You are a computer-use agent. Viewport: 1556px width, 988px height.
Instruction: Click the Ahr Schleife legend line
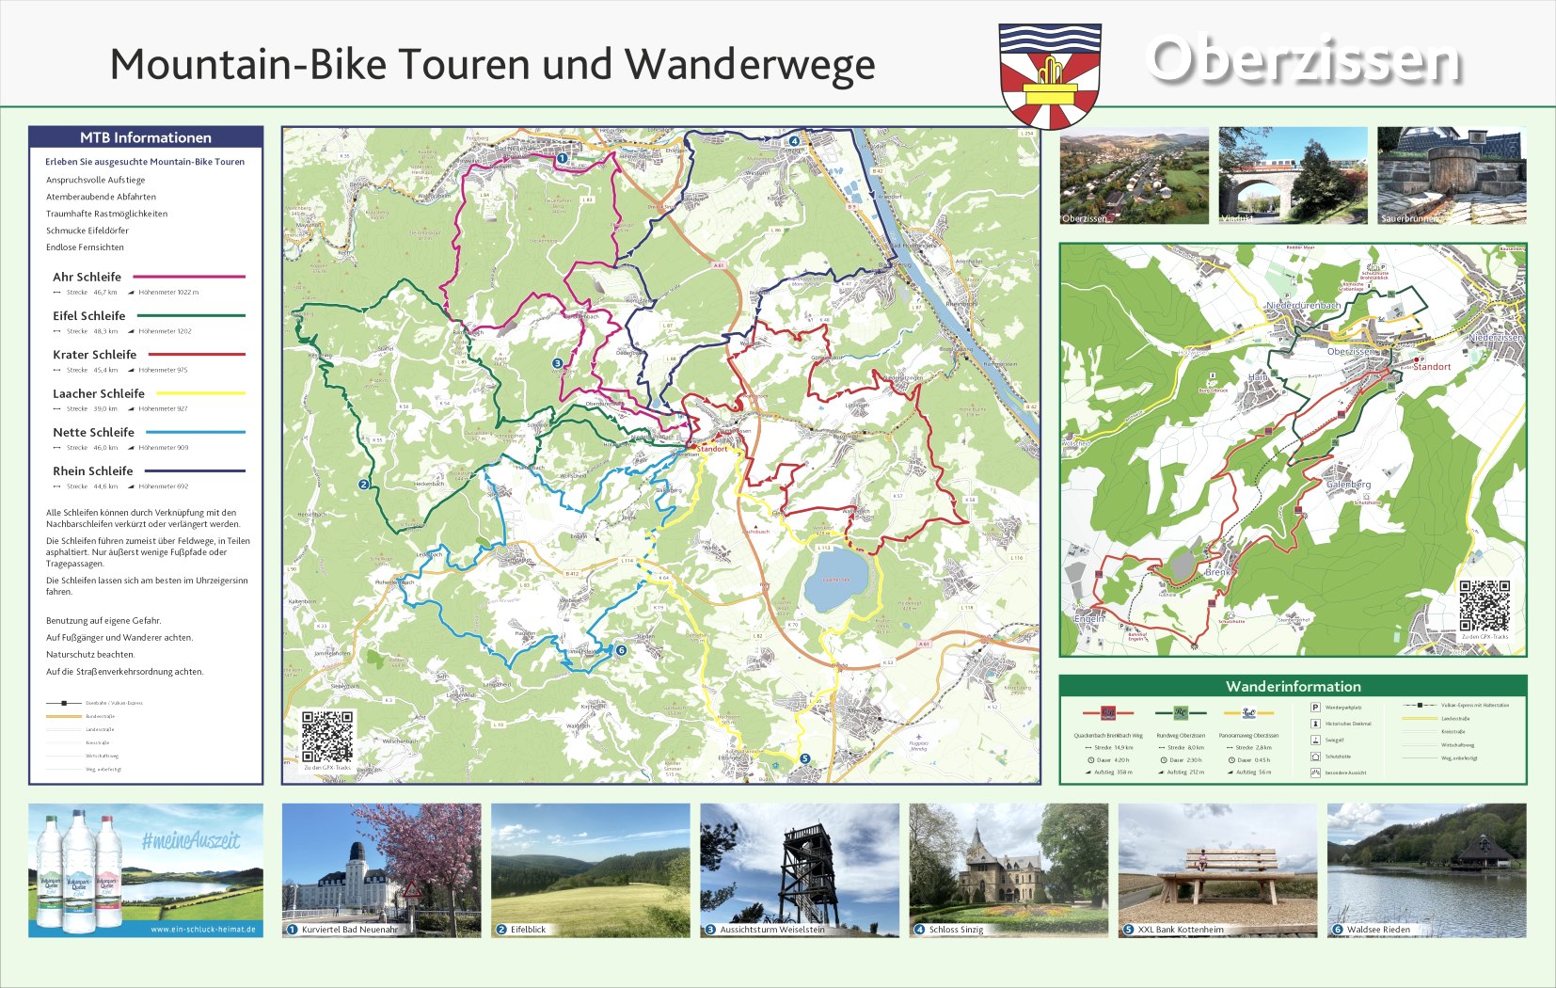tap(189, 277)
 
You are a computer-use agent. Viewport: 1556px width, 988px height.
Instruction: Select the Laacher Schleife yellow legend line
tap(200, 393)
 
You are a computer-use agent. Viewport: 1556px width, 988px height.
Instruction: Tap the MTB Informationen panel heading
tap(146, 137)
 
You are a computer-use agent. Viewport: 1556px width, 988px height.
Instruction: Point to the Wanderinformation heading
tap(1293, 686)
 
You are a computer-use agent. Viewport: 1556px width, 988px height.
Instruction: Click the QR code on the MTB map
tap(326, 736)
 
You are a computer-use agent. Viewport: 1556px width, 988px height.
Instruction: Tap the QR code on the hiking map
tap(1484, 605)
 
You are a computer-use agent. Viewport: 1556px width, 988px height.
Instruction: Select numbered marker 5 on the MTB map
tap(804, 758)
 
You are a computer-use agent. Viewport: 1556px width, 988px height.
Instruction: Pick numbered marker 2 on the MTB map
tap(363, 485)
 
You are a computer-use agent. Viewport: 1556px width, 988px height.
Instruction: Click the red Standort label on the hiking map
tap(1431, 367)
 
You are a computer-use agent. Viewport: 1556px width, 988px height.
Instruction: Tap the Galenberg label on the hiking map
tap(1348, 485)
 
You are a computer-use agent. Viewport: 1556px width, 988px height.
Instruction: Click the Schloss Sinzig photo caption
tap(956, 930)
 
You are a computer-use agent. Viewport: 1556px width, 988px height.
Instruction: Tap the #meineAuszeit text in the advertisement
tap(191, 840)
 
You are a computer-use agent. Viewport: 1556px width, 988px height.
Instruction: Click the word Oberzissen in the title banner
tap(1304, 61)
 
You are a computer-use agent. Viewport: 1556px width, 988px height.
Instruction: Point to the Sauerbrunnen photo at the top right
tap(1452, 176)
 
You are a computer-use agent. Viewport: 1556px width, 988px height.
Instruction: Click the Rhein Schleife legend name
tap(92, 470)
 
